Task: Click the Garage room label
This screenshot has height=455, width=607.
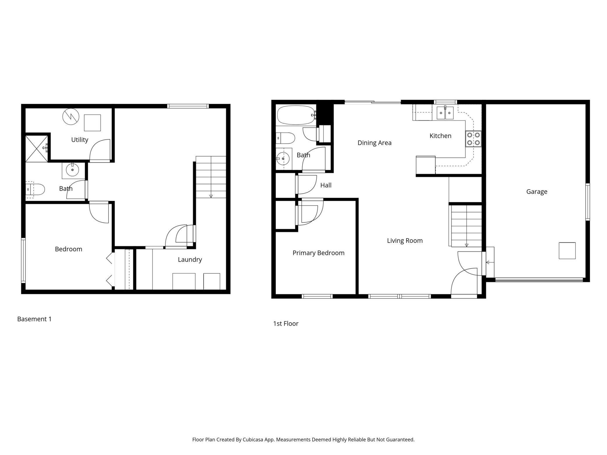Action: (x=537, y=192)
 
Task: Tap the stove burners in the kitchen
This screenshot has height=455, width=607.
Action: (x=473, y=139)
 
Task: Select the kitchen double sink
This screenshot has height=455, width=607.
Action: (x=445, y=113)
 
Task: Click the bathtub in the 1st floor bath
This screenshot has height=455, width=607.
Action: (x=296, y=115)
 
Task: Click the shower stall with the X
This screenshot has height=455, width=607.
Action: (x=36, y=148)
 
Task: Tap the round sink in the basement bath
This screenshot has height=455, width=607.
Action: (x=72, y=169)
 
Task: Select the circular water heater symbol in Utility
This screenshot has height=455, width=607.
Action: (x=71, y=117)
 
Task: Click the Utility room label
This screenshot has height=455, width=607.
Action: (x=80, y=140)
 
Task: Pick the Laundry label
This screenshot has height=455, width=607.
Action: (x=190, y=260)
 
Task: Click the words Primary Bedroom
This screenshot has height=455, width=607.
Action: (x=318, y=253)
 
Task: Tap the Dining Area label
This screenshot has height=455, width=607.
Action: (x=374, y=143)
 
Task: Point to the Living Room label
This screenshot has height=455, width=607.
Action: (x=405, y=241)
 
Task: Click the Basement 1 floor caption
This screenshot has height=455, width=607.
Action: (x=34, y=319)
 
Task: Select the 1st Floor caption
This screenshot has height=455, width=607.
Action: (x=286, y=323)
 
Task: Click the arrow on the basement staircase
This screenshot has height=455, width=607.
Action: (x=211, y=196)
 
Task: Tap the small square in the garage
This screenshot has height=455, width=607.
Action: (x=567, y=251)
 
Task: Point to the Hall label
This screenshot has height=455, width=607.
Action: (x=326, y=185)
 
